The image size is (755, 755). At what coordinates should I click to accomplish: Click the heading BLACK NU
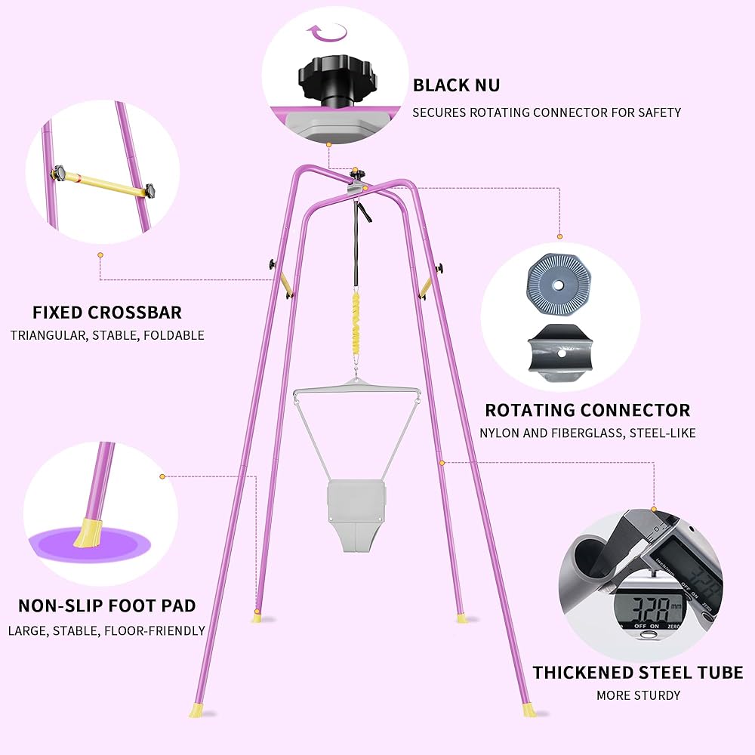click(456, 85)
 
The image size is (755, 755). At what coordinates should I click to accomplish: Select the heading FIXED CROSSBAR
click(107, 313)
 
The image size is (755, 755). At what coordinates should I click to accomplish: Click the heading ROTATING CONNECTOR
click(587, 411)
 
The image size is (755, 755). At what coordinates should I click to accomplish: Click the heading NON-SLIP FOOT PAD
click(107, 606)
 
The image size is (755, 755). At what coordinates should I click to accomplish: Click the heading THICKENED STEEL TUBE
click(638, 673)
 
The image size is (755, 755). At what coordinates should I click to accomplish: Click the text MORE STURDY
click(639, 695)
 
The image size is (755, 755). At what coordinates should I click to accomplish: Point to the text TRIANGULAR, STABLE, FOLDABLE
click(107, 335)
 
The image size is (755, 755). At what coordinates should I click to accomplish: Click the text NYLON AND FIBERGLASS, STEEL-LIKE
click(587, 433)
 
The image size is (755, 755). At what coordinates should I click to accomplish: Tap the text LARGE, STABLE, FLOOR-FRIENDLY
click(107, 630)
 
